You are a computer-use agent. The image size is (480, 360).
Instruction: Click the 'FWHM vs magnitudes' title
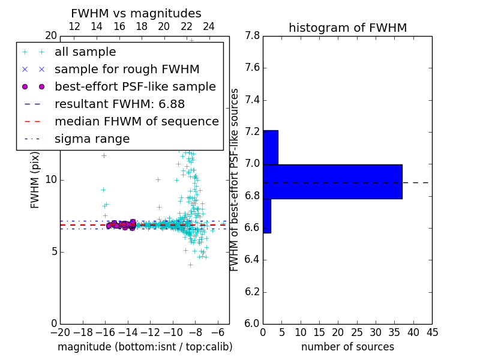coord(136,13)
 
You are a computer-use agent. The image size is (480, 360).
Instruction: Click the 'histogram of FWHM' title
coord(347,28)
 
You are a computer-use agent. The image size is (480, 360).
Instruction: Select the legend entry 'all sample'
coord(85,52)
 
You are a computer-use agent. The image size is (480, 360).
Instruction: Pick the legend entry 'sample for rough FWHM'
coord(127,69)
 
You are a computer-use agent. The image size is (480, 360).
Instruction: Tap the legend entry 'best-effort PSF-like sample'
coord(135,86)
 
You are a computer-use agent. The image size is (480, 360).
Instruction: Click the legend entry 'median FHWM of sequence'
coord(136,121)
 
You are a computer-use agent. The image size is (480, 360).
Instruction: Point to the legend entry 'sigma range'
coord(92,139)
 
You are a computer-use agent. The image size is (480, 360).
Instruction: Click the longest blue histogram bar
coord(332,181)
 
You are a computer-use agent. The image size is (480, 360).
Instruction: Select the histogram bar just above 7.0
coord(270,147)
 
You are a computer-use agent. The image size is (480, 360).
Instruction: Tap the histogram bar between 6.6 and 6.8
coord(266,215)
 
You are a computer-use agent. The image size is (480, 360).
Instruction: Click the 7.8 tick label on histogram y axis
coord(252,36)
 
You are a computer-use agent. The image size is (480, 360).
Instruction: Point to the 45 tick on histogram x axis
coord(431,332)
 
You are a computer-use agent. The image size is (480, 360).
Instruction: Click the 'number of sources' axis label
coord(347,347)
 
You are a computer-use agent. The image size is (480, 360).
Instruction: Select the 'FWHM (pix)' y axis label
coord(35,179)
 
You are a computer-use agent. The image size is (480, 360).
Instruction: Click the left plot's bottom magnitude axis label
coord(145,347)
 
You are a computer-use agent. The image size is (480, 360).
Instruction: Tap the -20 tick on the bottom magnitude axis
coord(60,332)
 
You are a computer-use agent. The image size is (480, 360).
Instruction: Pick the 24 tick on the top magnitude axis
coord(209,26)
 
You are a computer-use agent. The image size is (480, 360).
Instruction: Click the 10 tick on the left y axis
coord(50,180)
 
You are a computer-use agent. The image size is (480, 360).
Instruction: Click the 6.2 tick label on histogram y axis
coord(252,292)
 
